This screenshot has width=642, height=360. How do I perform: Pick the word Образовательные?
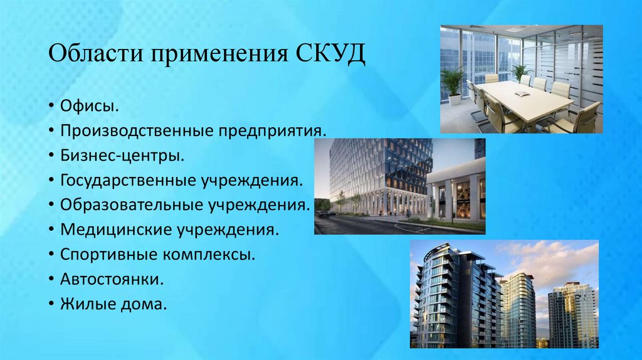(127, 205)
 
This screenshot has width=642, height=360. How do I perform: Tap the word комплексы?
(204, 255)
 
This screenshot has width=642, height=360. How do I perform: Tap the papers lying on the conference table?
(522, 93)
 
